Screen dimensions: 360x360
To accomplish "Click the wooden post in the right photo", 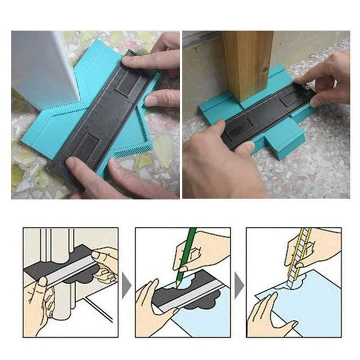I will pos(247,66).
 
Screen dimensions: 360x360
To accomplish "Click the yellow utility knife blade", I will pos(296,258).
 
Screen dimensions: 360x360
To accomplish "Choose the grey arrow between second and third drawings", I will pos(239,281).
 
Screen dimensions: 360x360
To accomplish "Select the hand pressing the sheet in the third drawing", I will pos(267,315).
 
